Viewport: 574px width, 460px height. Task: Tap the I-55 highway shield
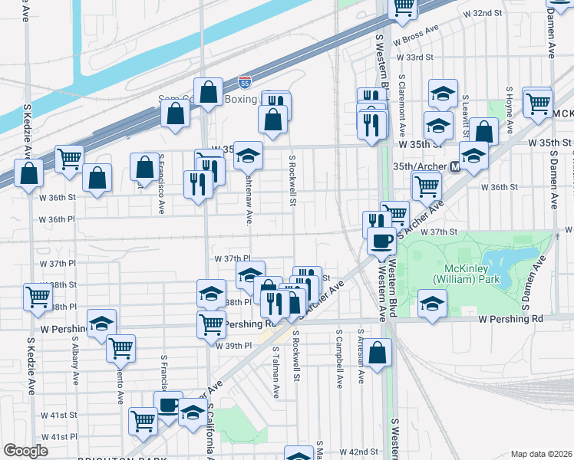click(244, 80)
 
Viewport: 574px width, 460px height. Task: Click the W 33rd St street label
click(414, 58)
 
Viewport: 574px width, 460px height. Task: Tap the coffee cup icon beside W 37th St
click(381, 241)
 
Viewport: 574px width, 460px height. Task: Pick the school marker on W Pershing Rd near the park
click(433, 302)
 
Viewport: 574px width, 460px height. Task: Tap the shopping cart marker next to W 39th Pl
click(120, 347)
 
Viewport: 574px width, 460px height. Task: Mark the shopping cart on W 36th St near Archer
click(426, 185)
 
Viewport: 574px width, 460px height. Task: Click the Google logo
click(26, 451)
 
